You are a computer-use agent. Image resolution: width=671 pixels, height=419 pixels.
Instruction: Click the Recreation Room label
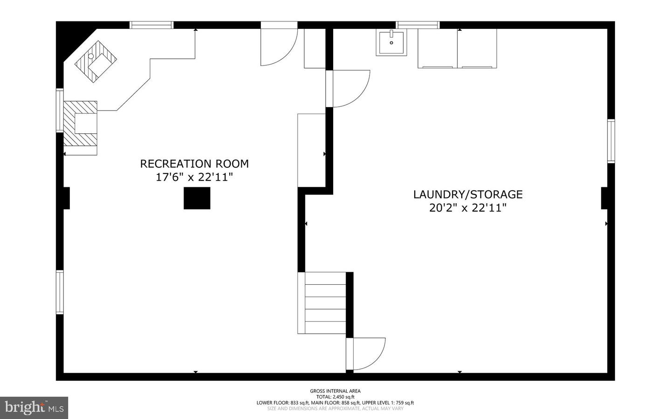194,164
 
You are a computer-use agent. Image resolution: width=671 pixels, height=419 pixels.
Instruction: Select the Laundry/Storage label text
468,194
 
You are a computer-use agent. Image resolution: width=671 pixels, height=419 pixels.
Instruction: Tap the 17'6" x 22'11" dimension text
194,178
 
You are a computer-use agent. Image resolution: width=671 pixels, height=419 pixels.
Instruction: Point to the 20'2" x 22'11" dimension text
468,208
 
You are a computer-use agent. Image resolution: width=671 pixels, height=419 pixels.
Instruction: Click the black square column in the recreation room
197,198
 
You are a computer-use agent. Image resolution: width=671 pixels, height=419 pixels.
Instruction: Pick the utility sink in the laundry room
391,42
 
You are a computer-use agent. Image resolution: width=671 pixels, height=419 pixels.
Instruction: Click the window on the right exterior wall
611,141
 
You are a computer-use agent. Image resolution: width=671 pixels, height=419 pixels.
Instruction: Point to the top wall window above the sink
418,25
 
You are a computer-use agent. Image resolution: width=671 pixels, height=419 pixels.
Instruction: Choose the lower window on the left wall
60,292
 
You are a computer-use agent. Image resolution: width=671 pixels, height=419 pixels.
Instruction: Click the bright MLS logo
34,408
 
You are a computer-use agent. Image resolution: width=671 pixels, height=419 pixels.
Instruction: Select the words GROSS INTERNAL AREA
335,391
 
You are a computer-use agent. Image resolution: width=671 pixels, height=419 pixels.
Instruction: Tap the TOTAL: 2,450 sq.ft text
335,397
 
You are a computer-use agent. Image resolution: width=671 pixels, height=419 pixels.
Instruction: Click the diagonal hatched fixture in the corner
96,62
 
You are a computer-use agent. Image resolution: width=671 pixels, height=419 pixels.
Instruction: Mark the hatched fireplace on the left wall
80,124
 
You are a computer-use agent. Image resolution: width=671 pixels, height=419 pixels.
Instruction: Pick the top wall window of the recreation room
151,25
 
